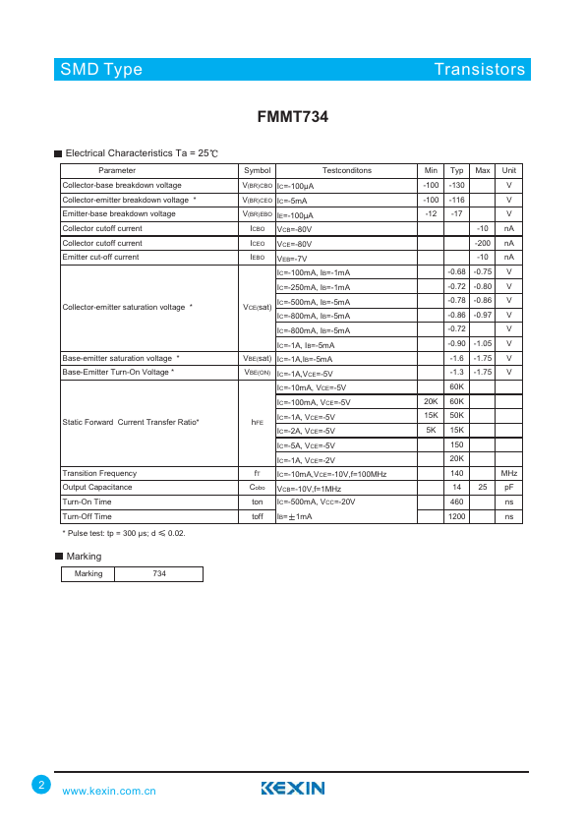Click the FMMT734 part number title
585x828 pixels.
(x=292, y=116)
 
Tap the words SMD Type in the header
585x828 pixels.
(x=101, y=69)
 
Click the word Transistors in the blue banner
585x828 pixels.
(x=480, y=69)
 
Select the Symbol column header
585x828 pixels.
(x=257, y=171)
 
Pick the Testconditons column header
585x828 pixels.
(x=346, y=171)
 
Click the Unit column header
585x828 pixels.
(x=509, y=171)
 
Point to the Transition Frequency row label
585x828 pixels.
(x=99, y=474)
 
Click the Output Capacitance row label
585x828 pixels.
(x=96, y=488)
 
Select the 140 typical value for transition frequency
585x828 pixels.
(x=456, y=474)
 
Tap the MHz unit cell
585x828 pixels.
(x=509, y=474)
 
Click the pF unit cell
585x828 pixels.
(x=509, y=488)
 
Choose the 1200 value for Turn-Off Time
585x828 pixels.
(x=456, y=516)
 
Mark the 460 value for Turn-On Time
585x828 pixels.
(x=456, y=502)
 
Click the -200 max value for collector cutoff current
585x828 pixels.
(x=482, y=243)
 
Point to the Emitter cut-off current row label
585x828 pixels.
(x=100, y=257)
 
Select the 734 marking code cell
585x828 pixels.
(x=158, y=574)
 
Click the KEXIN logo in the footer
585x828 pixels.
(x=293, y=788)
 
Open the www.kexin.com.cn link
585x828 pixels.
(x=109, y=791)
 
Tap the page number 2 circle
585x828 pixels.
(x=41, y=785)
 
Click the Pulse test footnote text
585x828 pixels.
(x=124, y=533)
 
